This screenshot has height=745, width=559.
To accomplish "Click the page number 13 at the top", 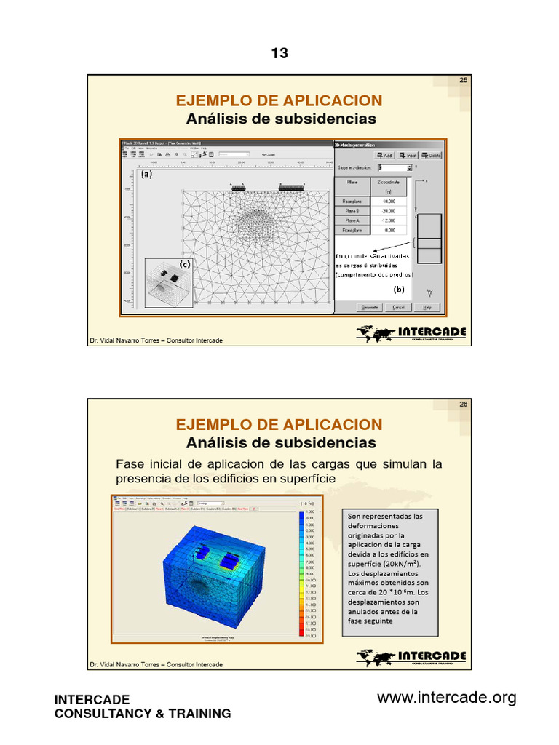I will coord(279,53).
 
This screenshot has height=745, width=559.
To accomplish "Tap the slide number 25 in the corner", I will coord(463,80).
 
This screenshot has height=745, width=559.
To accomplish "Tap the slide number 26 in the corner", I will coord(463,405).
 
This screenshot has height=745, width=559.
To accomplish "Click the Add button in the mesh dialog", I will coord(384,155).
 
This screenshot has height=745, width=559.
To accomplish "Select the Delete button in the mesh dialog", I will coord(431,155).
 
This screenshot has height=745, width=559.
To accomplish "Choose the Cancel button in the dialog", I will coord(398,307).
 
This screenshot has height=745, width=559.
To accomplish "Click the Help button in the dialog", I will coord(427,307).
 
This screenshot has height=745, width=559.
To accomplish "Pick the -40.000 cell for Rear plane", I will coord(388,202).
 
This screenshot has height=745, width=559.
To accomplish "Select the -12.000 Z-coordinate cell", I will coord(388,220).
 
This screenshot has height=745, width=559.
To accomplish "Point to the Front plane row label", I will coord(352,230).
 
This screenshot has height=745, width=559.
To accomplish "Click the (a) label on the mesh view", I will coord(146,175).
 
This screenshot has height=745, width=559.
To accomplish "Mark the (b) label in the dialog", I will coord(399,289).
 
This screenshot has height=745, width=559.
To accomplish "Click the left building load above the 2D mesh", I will coord(237,188).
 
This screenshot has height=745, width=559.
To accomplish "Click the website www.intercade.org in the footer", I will coord(446,698).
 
